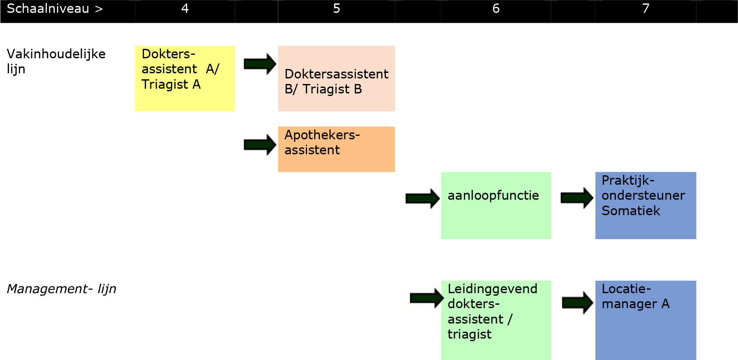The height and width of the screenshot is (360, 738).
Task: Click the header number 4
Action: [x=185, y=9]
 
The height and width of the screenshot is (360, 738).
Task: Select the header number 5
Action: [x=337, y=9]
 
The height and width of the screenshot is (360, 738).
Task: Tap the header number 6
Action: [x=496, y=9]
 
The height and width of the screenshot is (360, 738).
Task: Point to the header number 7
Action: [x=646, y=9]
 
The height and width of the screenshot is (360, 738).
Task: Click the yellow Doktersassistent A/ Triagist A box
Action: [x=185, y=78]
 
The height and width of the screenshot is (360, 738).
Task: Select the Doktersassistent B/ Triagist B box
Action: [x=336, y=79]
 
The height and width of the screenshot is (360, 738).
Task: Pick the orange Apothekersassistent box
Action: [x=336, y=149]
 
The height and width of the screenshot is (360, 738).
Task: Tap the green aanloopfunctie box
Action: [x=496, y=205]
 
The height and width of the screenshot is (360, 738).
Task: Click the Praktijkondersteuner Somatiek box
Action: [x=645, y=205]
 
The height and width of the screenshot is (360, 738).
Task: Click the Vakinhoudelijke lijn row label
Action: [x=56, y=61]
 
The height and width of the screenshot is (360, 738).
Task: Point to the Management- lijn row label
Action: [x=61, y=289]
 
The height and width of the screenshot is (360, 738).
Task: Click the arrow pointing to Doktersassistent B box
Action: [x=260, y=64]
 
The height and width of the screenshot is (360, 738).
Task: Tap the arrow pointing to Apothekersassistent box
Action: [x=260, y=144]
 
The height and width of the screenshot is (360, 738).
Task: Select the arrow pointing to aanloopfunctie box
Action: [x=422, y=198]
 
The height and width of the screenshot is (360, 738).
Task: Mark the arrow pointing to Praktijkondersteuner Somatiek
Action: [x=577, y=198]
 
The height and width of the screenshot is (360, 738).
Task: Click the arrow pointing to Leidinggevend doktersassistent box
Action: [x=427, y=298]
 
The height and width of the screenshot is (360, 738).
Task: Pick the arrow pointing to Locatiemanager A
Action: [x=577, y=303]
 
